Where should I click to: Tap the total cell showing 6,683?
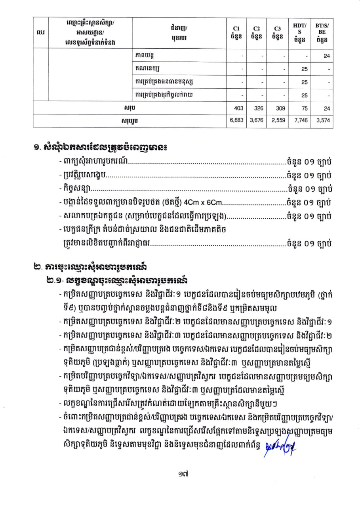pos(237,121)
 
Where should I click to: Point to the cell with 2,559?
pos(278,121)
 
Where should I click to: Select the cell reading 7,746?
pos(301,121)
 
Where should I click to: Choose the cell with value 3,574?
pos(323,121)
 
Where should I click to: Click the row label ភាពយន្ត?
pos(145,56)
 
